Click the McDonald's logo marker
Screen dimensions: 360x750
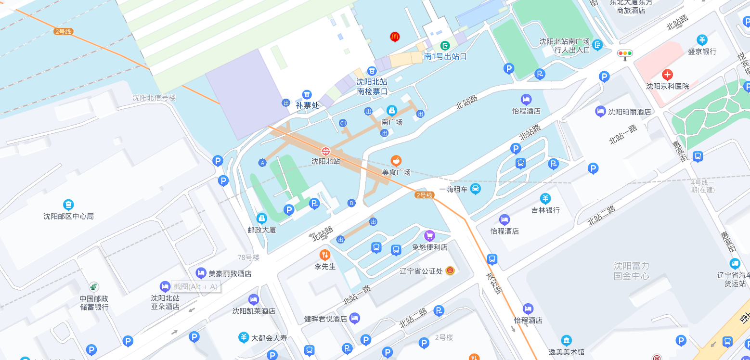point(395,37)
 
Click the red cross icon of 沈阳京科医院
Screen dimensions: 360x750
point(667,75)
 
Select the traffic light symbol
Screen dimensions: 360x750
point(625,54)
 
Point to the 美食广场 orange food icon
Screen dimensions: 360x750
point(396,160)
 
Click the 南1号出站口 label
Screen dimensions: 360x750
point(445,56)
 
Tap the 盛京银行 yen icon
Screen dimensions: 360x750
point(702,40)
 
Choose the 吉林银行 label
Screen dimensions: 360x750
point(545,210)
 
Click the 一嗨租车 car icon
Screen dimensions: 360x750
point(476,188)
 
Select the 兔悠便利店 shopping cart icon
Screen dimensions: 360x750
point(429,235)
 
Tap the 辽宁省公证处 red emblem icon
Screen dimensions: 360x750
point(450,270)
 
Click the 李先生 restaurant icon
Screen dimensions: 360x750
point(325,255)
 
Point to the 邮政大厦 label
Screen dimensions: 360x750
point(262,230)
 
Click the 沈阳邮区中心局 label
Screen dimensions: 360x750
point(68,216)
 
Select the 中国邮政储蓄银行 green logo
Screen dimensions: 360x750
point(94,287)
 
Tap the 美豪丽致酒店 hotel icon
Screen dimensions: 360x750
point(201,273)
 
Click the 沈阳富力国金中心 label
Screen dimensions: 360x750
point(632,270)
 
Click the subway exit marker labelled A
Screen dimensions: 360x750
point(262,162)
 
